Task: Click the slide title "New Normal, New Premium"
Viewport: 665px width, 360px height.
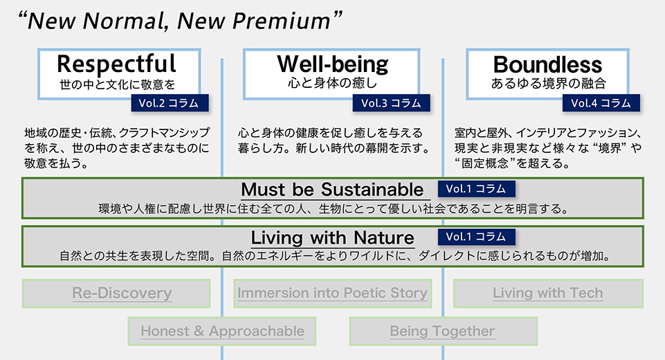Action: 180,21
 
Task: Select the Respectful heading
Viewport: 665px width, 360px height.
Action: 117,64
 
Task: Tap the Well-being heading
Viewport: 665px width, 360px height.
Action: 332,64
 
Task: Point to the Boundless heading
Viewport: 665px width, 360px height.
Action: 547,64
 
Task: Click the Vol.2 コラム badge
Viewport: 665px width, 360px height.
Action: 170,102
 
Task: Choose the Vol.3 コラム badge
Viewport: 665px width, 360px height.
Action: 391,102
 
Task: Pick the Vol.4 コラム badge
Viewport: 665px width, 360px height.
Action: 601,102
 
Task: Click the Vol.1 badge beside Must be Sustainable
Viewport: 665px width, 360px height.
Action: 477,189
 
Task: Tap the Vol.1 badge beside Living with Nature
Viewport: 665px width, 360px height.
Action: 477,237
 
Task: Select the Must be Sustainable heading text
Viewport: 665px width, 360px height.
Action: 332,189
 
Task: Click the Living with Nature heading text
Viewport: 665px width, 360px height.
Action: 332,237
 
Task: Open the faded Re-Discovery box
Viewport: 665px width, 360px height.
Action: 116,294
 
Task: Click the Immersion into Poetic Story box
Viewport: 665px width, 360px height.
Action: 332,294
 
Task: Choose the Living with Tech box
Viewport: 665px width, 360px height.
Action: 548,294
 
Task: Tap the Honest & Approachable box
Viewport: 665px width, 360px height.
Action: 222,331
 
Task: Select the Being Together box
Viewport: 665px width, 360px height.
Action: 443,331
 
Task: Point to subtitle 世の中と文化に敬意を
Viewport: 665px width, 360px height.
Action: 117,84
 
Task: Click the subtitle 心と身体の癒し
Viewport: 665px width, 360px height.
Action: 332,83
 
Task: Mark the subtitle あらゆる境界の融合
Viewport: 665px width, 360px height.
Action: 548,83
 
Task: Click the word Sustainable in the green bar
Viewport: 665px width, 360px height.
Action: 372,189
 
